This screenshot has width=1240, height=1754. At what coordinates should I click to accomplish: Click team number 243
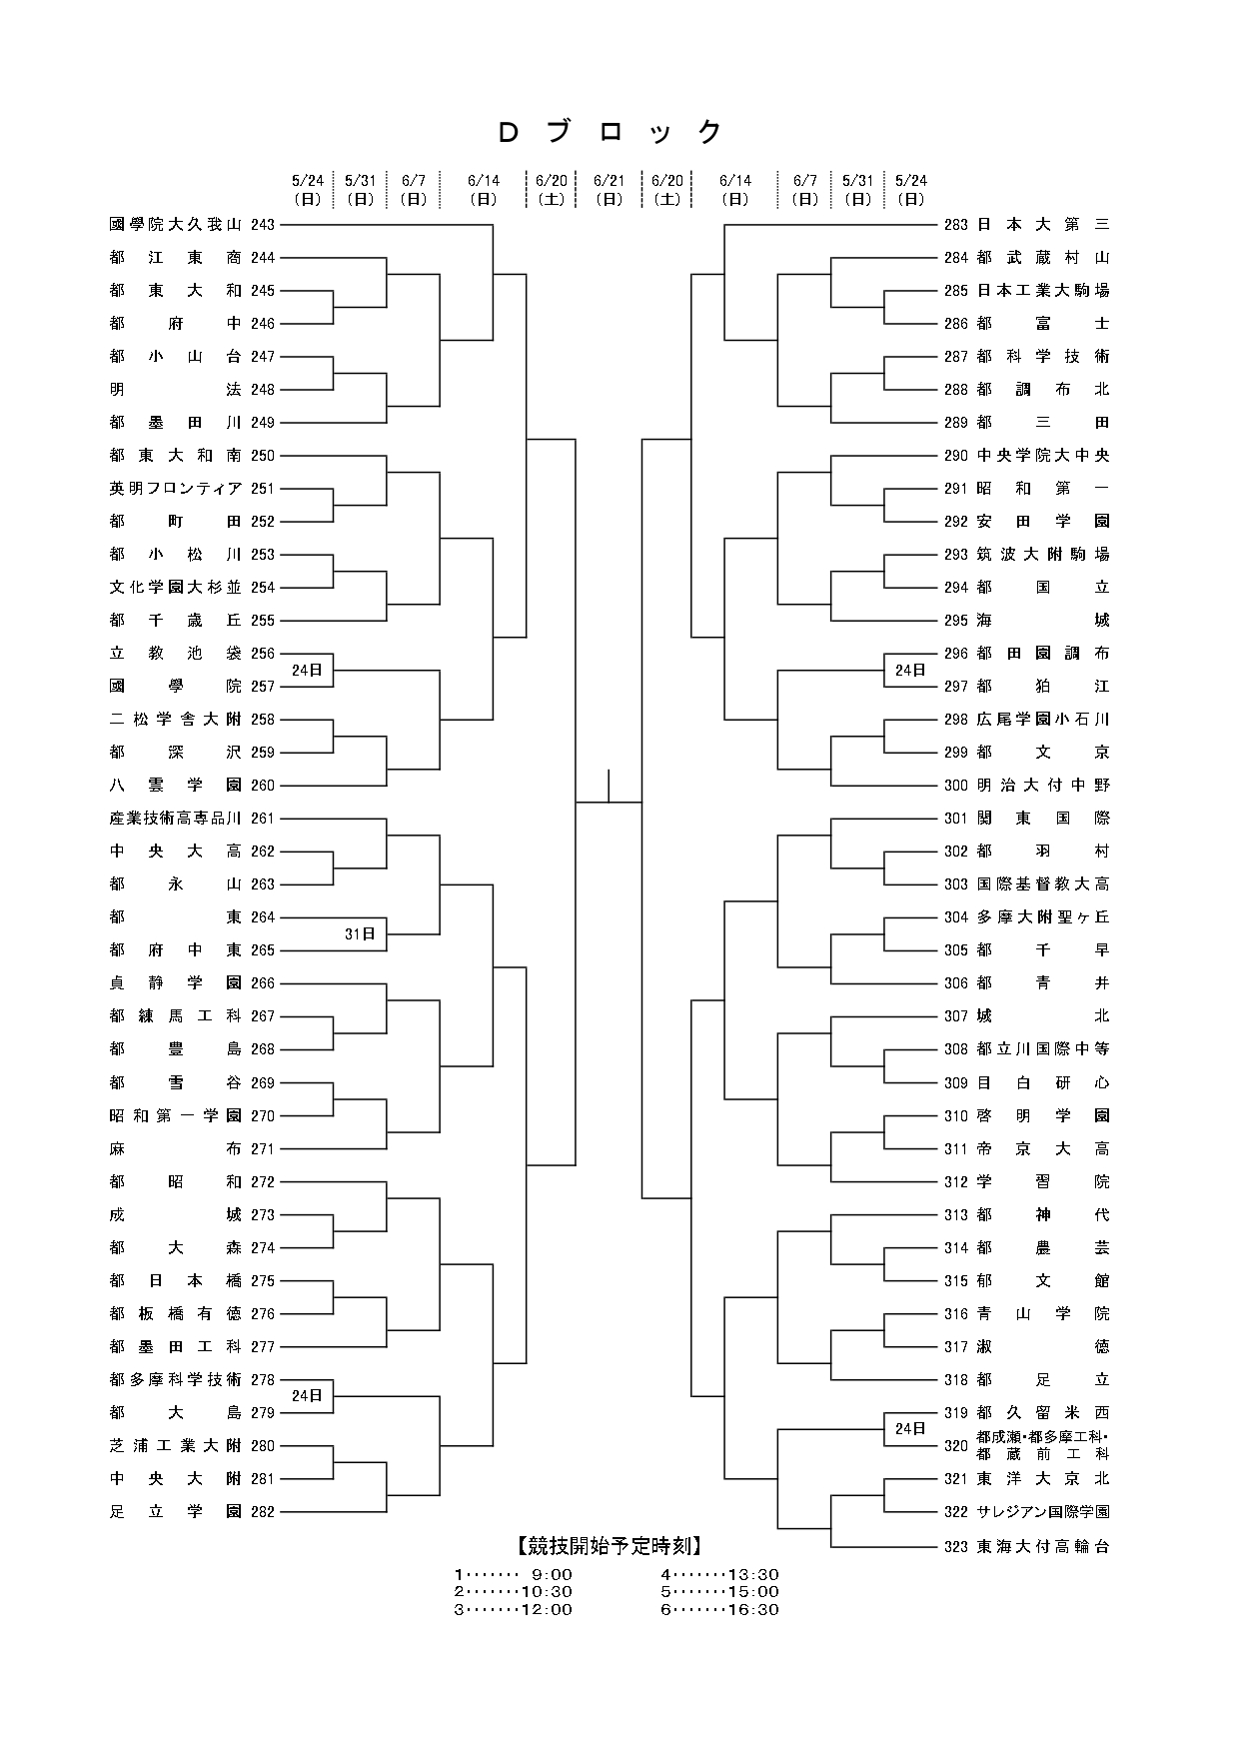point(263,225)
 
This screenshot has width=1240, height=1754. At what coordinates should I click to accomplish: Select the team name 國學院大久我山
point(175,225)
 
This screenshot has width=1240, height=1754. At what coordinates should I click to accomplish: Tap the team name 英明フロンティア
point(175,489)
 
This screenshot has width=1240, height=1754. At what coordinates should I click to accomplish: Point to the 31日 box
point(360,933)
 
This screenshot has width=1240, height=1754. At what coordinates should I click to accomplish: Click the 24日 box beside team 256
point(307,670)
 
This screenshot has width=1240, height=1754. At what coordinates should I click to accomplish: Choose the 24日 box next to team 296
point(910,670)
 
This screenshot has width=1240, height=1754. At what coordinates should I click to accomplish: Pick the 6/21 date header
point(609,189)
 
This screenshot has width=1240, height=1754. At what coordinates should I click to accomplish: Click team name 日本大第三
point(1043,225)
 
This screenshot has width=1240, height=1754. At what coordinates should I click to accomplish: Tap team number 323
point(956,1546)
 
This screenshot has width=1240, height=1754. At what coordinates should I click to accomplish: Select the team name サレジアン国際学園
point(1043,1511)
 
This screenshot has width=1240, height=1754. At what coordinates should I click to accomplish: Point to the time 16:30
point(757,1609)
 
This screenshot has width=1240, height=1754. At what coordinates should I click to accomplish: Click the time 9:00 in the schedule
point(552,1574)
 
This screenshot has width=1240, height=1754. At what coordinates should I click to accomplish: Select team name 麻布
point(175,1148)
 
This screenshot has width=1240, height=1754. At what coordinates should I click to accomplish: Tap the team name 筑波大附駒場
point(1043,555)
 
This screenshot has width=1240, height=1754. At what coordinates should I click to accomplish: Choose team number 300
point(956,786)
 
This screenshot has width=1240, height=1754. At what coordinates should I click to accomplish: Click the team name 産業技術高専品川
point(175,819)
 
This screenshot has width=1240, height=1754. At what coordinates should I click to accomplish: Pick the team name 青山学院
point(1043,1313)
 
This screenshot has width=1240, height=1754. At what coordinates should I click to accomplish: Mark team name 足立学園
point(175,1511)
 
